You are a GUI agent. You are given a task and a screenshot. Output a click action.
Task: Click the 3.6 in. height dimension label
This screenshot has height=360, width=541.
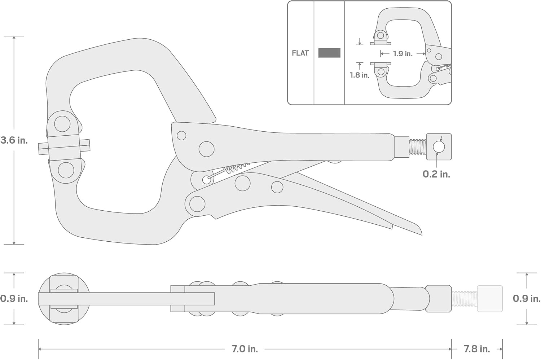click(14, 140)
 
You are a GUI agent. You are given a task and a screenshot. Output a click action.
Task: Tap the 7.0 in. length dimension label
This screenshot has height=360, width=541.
click(245, 349)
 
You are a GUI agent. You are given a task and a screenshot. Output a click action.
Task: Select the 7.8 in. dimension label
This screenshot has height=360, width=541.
click(477, 349)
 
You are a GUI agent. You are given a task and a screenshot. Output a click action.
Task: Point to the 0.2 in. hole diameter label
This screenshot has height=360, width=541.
click(436, 174)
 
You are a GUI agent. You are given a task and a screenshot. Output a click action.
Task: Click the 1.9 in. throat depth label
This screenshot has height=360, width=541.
click(403, 54)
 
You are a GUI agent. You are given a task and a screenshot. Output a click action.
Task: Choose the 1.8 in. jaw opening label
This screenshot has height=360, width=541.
click(360, 75)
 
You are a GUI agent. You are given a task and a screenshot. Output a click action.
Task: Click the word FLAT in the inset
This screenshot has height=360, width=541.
click(300, 53)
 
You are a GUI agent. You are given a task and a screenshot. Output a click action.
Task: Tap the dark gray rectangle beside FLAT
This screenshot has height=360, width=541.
click(329, 53)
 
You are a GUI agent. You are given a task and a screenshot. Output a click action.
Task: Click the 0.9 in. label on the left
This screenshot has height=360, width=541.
click(14, 299)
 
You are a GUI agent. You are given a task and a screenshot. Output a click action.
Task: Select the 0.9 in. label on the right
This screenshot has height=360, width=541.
click(527, 299)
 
